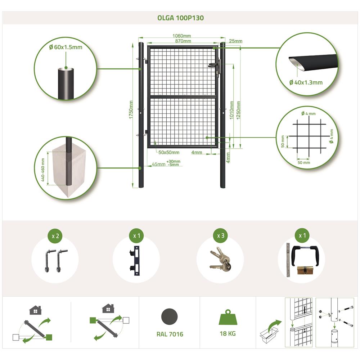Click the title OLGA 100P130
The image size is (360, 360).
click(x=180, y=18)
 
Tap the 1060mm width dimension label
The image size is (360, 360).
click(x=181, y=36)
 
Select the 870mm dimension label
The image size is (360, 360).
click(x=183, y=41)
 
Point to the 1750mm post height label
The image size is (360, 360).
click(x=131, y=109)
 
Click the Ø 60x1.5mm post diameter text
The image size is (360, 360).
click(x=66, y=47)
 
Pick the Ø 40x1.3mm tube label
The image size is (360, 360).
click(x=306, y=82)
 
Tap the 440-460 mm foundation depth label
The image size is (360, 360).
click(x=43, y=170)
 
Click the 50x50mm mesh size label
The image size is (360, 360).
click(x=169, y=152)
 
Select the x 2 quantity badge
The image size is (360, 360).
click(x=55, y=236)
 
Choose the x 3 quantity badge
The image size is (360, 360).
click(x=221, y=235)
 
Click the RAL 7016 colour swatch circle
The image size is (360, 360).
click(x=170, y=317)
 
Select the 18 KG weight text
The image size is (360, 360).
click(x=228, y=333)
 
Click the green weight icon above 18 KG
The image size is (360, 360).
click(x=228, y=317)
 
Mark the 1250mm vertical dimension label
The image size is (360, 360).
click(x=238, y=110)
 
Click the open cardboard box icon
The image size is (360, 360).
click(x=269, y=335)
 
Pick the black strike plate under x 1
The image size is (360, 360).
click(x=135, y=261)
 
